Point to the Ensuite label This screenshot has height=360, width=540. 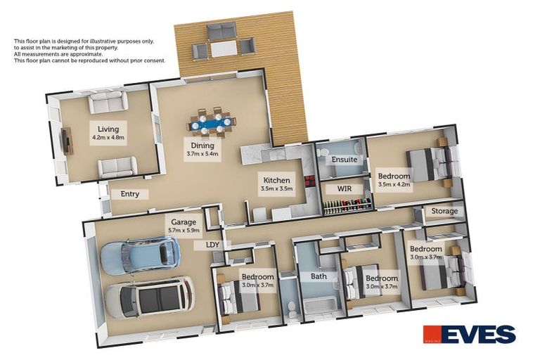(x=345, y=160)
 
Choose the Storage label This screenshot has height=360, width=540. (x=444, y=211)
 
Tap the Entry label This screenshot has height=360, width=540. (x=130, y=194)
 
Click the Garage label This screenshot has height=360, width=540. (x=182, y=221)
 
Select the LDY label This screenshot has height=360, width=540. (x=212, y=245)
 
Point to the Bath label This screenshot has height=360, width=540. (x=319, y=276)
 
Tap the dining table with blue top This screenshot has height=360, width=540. (x=212, y=124)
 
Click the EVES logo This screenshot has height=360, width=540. (x=469, y=334)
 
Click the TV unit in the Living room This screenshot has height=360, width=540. (x=67, y=141)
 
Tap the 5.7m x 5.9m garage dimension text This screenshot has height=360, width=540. (x=182, y=230)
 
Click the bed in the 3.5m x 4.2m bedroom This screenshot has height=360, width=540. (x=427, y=165)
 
